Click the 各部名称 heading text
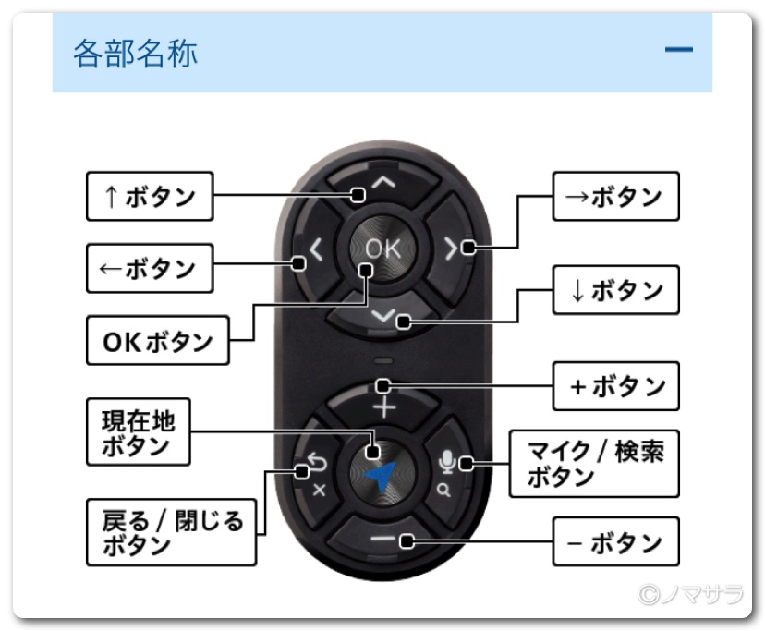point(135,53)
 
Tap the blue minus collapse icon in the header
point(678,49)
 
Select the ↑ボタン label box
point(149,196)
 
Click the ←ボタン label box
point(149,268)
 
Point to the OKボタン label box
point(156,342)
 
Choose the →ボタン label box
point(615,196)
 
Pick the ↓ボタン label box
point(615,290)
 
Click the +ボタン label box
point(615,386)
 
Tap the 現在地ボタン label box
point(138,431)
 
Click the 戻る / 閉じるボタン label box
point(171,532)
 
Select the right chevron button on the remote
point(452,248)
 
